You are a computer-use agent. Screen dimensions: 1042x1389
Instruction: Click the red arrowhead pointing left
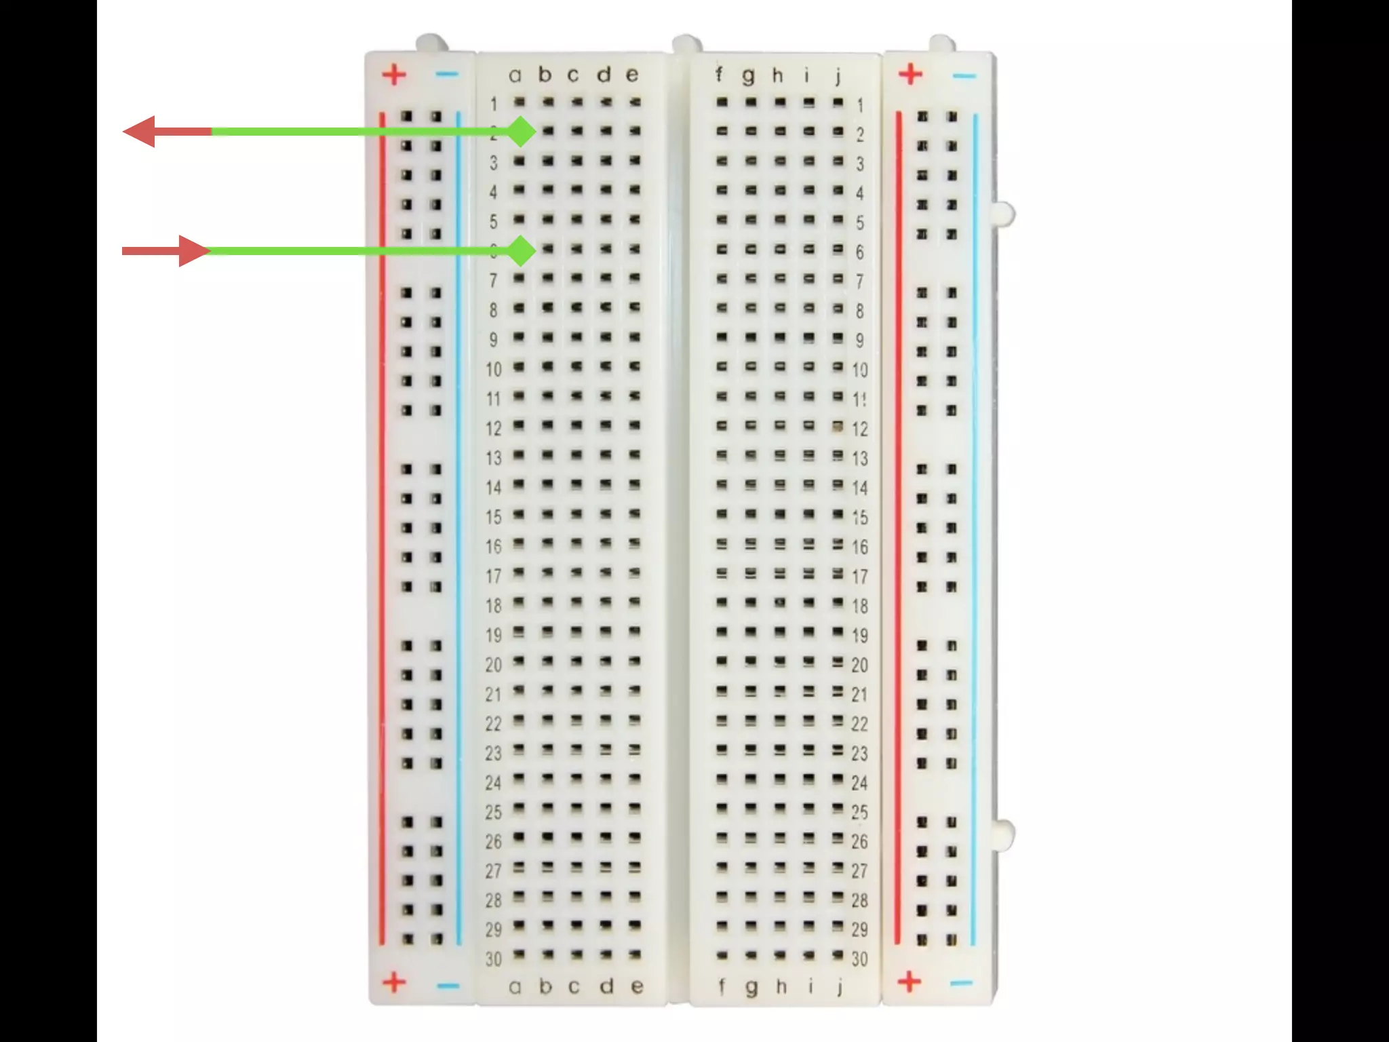(140, 132)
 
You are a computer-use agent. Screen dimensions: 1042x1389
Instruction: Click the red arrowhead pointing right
(194, 251)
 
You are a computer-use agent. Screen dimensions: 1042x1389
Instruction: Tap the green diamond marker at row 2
(521, 132)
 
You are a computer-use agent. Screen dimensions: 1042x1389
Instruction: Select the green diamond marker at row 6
(521, 251)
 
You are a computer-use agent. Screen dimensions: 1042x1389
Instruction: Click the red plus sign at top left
(394, 74)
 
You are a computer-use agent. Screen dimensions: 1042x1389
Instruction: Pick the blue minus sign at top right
(964, 75)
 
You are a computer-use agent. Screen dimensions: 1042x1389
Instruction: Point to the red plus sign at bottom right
(909, 981)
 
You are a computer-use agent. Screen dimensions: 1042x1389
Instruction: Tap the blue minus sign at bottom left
(448, 985)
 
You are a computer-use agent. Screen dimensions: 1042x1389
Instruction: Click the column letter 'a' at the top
(515, 75)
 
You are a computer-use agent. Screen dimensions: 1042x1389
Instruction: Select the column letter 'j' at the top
(838, 75)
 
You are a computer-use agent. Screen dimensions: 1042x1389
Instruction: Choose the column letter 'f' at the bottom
(721, 986)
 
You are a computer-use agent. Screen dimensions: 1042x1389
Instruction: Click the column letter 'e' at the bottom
(635, 986)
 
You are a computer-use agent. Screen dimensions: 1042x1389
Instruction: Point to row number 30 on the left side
(494, 959)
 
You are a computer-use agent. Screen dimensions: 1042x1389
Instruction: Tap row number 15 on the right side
(860, 518)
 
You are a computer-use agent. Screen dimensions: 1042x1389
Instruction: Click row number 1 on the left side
(494, 104)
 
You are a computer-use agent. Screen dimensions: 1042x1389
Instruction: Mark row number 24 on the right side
(860, 783)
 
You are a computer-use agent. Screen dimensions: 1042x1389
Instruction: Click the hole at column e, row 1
(635, 102)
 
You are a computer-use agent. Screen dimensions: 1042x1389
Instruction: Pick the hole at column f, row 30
(722, 955)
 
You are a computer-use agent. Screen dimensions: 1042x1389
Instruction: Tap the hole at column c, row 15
(576, 514)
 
